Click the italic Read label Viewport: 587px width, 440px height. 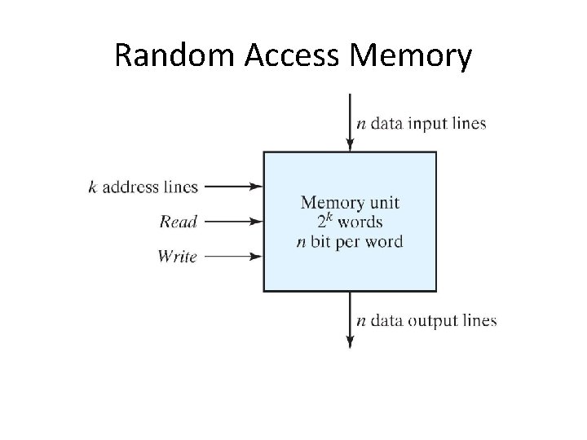178,222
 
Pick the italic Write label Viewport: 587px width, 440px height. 177,257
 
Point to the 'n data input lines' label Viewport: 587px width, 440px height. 421,124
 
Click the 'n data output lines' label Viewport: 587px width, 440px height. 426,320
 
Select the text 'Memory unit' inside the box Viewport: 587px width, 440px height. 350,202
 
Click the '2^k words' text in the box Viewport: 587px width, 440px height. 350,222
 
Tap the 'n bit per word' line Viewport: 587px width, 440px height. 350,242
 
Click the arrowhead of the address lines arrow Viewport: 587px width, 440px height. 258,187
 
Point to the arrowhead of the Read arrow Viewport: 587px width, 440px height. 258,222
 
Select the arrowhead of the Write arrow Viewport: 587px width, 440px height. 258,257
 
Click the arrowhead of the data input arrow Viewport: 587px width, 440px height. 350,146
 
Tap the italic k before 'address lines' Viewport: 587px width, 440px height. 92,187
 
